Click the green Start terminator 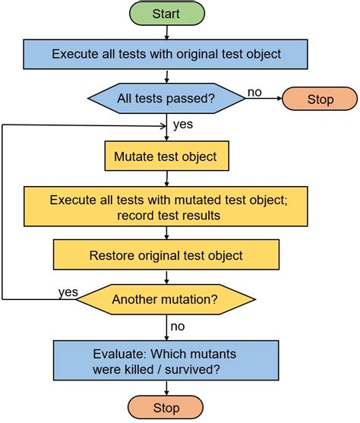166,14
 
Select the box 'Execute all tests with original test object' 166,54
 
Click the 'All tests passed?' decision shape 166,98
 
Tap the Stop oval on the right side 320,99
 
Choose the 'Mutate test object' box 166,157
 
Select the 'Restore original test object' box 166,255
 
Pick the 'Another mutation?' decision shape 166,299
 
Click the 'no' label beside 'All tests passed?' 254,91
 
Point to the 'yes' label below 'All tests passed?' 182,124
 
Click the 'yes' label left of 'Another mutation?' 68,292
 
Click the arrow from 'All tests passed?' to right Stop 264,99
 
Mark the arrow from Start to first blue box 166,33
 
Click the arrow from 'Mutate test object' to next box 166,178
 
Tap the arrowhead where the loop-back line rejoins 163,125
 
